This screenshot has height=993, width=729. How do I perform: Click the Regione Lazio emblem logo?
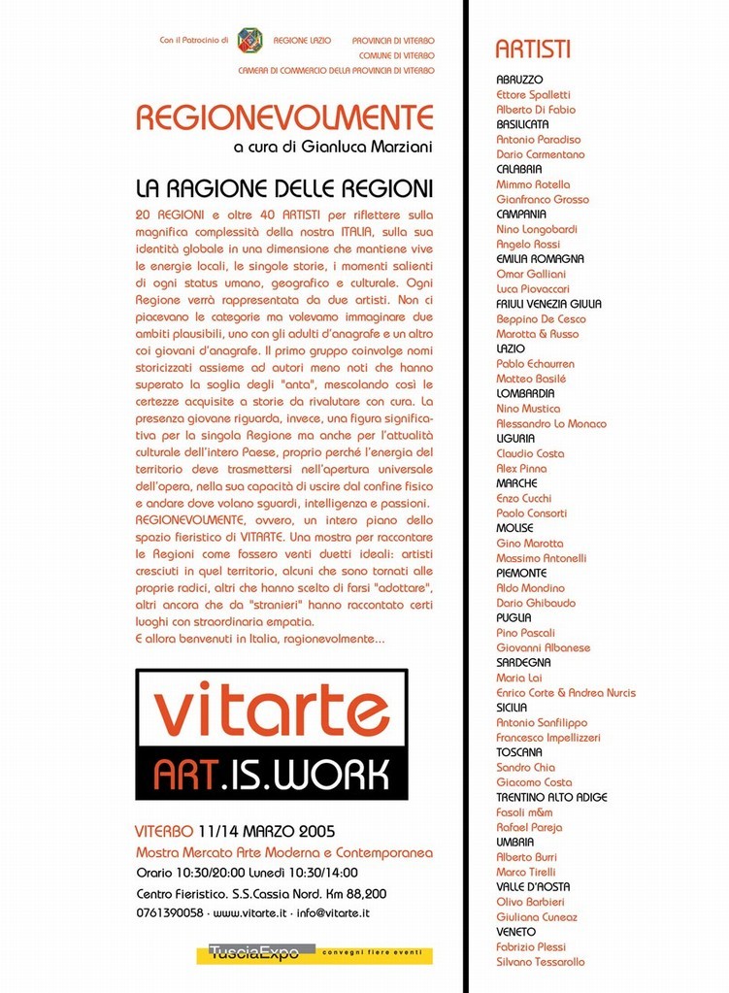(249, 40)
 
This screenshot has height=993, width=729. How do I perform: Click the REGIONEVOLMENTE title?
(284, 117)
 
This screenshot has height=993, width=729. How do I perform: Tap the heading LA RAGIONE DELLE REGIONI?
(283, 187)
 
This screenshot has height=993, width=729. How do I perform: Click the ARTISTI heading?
(533, 50)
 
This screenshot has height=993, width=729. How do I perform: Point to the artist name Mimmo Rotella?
(533, 184)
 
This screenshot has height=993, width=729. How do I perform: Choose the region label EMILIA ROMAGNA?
(540, 259)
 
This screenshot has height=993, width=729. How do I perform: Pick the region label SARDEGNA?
(523, 663)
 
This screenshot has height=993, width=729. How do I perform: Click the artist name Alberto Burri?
(528, 857)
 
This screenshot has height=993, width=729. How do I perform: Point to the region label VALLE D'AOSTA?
(533, 887)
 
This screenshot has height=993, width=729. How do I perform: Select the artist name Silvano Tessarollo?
(541, 962)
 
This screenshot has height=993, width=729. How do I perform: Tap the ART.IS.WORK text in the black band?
(272, 774)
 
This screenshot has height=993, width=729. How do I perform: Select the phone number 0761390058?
(170, 913)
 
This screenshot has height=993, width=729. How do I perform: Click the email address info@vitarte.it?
(333, 913)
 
